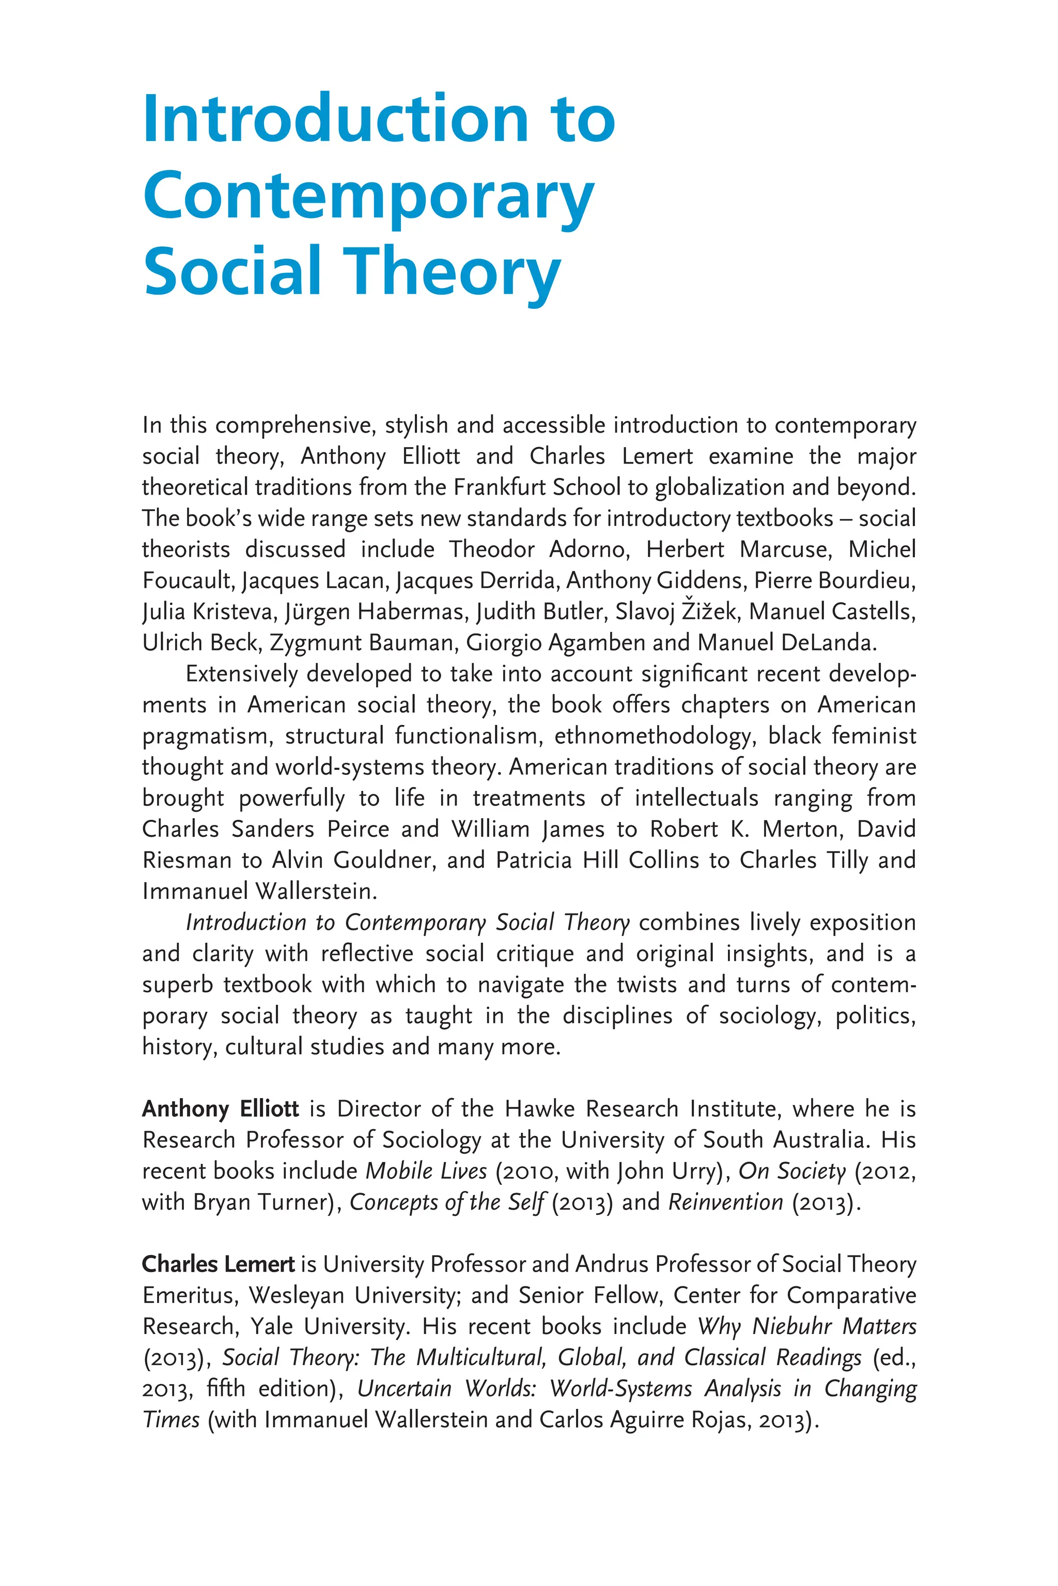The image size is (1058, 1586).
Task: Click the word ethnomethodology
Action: (653, 736)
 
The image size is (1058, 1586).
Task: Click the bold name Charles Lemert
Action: (218, 1264)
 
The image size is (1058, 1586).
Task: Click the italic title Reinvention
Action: (725, 1202)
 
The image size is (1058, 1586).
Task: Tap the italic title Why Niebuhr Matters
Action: (806, 1326)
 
